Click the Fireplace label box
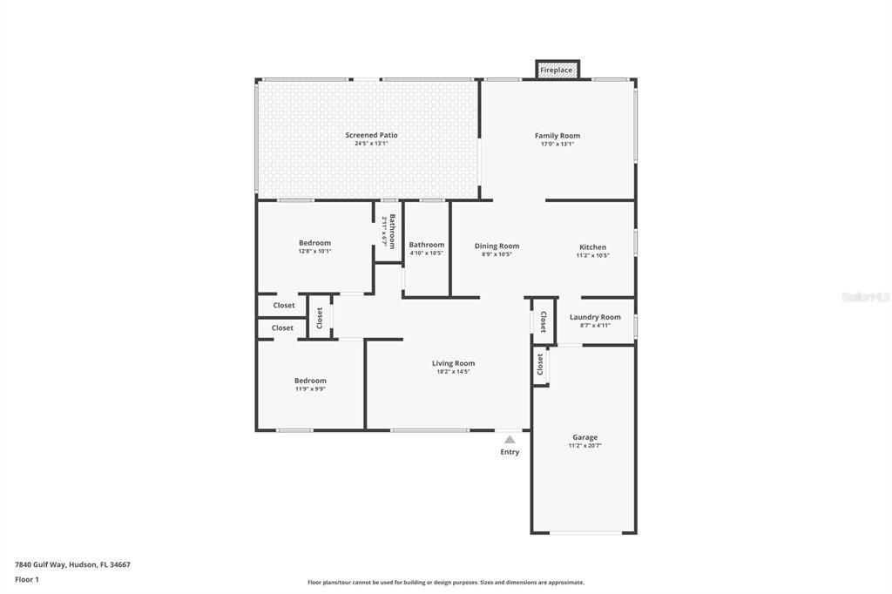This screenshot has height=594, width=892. (x=557, y=70)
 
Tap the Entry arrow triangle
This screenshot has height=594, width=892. (x=510, y=440)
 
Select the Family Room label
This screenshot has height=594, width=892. (x=557, y=136)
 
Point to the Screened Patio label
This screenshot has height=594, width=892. (x=371, y=135)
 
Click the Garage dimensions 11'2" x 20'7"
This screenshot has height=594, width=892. (x=585, y=446)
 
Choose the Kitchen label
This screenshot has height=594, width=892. (x=592, y=247)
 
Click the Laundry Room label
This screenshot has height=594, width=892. (x=595, y=317)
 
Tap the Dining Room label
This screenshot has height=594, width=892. (x=497, y=246)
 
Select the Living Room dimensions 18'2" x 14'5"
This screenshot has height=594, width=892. (x=454, y=372)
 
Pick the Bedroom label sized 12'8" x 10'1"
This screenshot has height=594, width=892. (x=314, y=243)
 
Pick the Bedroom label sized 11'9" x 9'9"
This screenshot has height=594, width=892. (x=310, y=381)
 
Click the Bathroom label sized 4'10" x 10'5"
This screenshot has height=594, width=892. (x=427, y=245)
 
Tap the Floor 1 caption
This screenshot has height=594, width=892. (x=27, y=579)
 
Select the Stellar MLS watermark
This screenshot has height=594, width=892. (x=865, y=297)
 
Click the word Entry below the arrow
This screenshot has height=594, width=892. (x=510, y=452)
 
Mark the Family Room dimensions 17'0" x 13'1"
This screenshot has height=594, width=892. (x=557, y=144)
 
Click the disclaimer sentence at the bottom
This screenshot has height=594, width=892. (x=446, y=583)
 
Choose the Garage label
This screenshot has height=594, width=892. (x=585, y=437)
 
